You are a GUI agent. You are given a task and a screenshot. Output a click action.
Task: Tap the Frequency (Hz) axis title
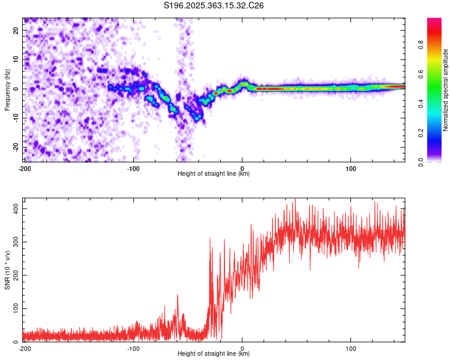pyautogui.click(x=7, y=89)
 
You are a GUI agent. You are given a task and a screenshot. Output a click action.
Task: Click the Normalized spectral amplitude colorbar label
pyautogui.click(x=445, y=89)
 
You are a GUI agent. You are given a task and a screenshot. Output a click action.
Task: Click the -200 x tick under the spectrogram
pyautogui.click(x=25, y=168)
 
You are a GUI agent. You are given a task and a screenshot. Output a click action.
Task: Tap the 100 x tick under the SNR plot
pyautogui.click(x=351, y=348)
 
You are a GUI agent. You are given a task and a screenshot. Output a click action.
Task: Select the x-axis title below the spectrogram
pyautogui.click(x=214, y=174)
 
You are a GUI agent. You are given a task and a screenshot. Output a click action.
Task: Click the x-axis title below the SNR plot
pyautogui.click(x=214, y=354)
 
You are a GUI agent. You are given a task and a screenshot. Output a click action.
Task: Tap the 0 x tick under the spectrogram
pyautogui.click(x=242, y=168)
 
